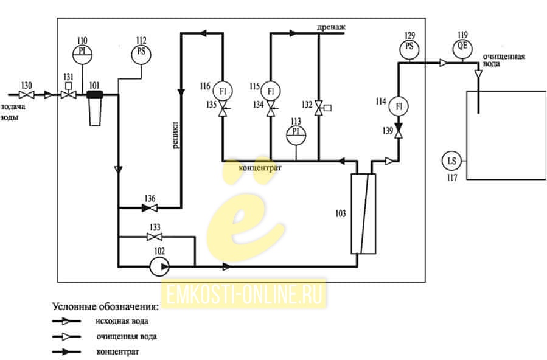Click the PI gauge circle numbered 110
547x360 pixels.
pos(82,54)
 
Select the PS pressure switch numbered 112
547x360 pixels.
pos(141,54)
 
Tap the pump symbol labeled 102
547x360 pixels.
pos(159,266)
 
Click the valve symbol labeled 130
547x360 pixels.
pos(26,95)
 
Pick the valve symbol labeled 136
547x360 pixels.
pos(150,208)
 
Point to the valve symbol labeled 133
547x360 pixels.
pos(154,237)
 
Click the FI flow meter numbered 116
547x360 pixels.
pos(223,91)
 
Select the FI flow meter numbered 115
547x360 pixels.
pos(270,91)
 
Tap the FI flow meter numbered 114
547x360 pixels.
pos(399,106)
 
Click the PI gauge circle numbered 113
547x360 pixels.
pos(296,135)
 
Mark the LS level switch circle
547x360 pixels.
pos(451,161)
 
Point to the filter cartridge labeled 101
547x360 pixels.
pos(95,108)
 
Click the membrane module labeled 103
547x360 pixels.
pos(363,214)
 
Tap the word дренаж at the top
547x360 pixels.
pos(331,27)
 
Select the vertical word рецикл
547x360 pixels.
pos(176,135)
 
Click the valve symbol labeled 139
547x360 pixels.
pos(399,131)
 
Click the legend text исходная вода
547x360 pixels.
pos(122,321)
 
